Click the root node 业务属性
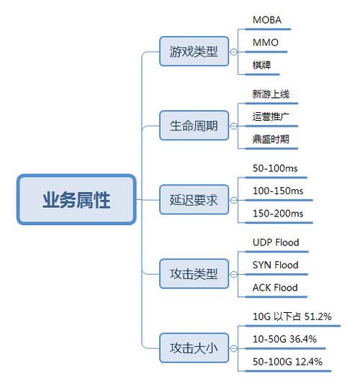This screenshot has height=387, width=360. pos(76,199)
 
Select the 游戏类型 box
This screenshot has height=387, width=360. pos(194,51)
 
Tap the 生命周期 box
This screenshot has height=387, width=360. pos(194,126)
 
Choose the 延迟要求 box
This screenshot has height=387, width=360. pos(194,200)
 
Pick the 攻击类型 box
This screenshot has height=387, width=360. pos(194,274)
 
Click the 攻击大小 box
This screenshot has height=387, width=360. pos(194,348)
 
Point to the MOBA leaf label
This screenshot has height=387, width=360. pos(267,20)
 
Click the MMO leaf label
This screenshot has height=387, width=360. pos(266,42)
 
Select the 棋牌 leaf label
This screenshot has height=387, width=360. pos(261,65)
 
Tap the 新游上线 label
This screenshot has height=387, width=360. pos(271,94)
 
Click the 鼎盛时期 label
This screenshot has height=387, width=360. pos(271,140)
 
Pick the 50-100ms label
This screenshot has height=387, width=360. pos(275,168)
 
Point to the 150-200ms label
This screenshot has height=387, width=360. pos(278,214)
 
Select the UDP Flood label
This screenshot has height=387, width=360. pos(276,242)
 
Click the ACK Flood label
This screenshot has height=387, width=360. pos(275,288)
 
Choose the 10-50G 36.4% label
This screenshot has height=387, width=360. pos(284,339)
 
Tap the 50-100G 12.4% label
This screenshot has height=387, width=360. pos(287,362)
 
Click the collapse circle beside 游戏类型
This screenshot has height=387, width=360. pos(233,52)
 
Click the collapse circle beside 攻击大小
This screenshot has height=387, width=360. pos(233,348)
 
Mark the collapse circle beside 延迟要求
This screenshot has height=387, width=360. pos(233,200)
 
